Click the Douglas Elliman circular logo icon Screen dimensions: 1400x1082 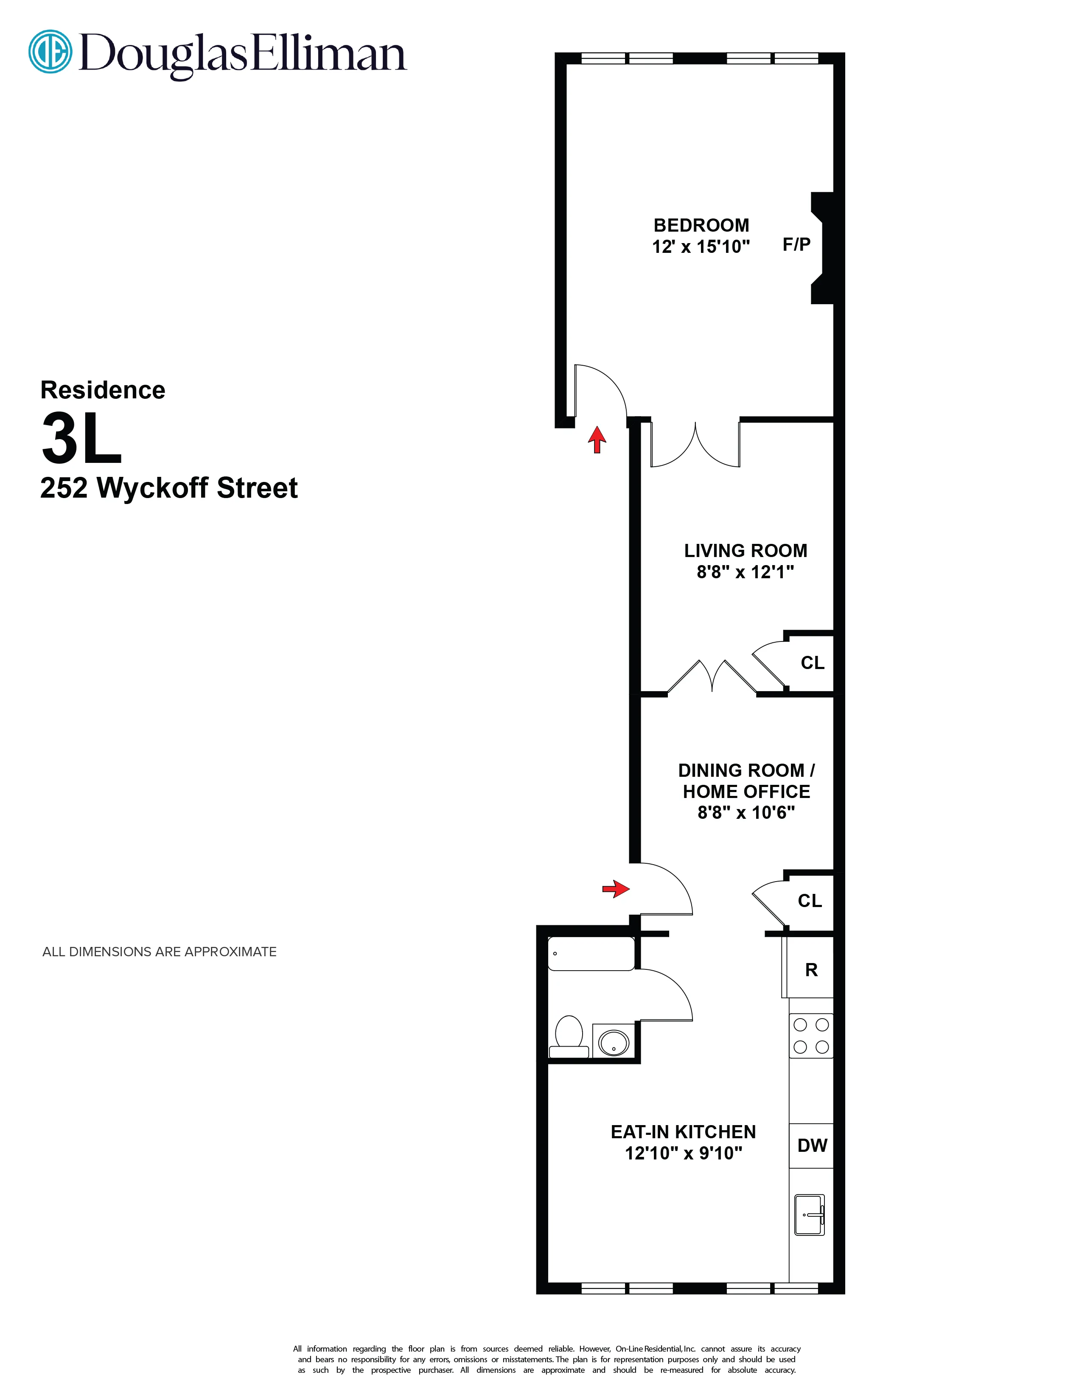(50, 51)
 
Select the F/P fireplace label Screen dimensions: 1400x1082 (796, 244)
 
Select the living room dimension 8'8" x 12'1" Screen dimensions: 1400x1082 (745, 572)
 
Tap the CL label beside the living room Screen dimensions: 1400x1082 (812, 663)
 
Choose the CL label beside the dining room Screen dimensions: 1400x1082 (810, 901)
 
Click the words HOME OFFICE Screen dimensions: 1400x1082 (746, 792)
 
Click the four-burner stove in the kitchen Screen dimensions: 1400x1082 (811, 1035)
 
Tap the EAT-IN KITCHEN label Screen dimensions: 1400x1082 (683, 1132)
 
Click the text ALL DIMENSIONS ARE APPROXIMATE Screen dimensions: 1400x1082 (160, 952)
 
